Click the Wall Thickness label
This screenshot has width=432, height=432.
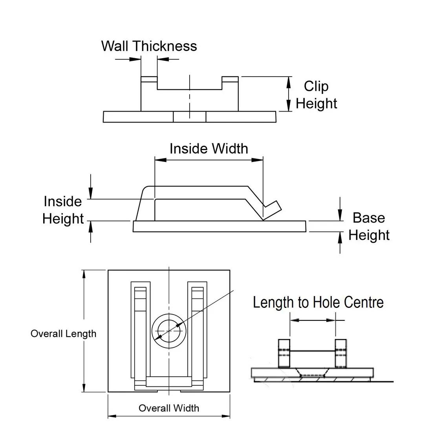pos(149,46)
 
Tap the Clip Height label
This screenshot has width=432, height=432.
pos(316,95)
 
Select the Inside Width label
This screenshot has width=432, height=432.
pos(209,149)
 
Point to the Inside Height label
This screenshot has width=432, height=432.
pos(63,210)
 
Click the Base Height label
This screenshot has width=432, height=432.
pos(369,226)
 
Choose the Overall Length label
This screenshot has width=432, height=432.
pos(63,334)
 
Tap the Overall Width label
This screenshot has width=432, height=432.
pos(168,408)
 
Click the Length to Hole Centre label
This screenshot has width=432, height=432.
pos(318,302)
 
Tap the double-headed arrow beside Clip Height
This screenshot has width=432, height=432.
pos(289,94)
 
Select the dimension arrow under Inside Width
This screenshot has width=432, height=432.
pos(209,160)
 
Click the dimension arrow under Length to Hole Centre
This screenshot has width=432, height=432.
pos(313,320)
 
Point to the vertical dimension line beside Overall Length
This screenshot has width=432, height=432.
pos(83,331)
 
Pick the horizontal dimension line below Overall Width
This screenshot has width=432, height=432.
pos(169,416)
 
